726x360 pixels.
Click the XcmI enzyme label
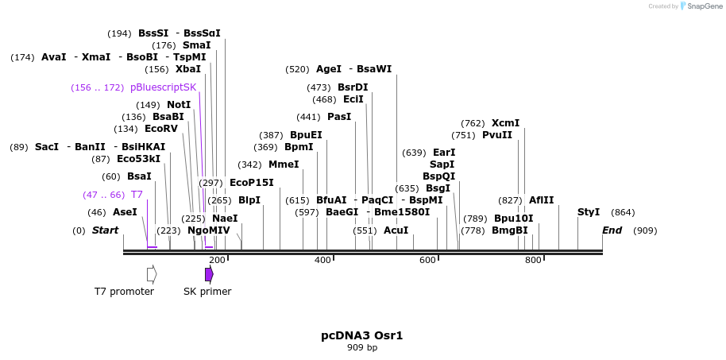[505, 123]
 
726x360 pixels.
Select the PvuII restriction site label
[497, 135]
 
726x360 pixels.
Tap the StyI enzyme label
[589, 212]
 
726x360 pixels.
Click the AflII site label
[541, 200]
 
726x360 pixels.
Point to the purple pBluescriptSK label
[163, 87]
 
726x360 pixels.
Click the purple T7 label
[137, 195]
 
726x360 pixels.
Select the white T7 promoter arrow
[152, 274]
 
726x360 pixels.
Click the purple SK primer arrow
[209, 274]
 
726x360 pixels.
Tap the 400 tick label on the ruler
[322, 261]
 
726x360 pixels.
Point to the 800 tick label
[533, 261]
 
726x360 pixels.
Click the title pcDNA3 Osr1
[361, 335]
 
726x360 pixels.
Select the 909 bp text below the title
[362, 348]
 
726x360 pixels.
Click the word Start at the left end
[105, 230]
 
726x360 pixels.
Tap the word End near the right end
[612, 230]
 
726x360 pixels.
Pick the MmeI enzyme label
[284, 165]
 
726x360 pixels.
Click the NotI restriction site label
[179, 105]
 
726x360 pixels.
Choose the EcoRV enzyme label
[161, 129]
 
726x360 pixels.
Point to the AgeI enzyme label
[329, 69]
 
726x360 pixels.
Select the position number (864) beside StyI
[623, 212]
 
